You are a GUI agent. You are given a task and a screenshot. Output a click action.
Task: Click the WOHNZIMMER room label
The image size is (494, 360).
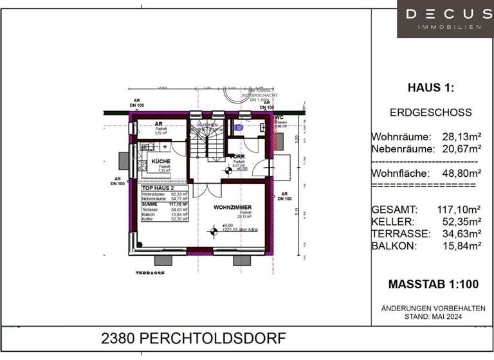click(232, 207)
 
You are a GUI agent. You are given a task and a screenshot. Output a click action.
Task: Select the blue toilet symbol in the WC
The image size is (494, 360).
click(239, 128)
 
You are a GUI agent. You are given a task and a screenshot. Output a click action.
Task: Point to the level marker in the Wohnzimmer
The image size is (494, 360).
click(214, 231)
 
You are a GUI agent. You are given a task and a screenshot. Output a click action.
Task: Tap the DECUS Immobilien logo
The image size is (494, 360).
click(446, 18)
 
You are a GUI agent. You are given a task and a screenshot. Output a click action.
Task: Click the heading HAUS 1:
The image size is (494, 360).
click(430, 88)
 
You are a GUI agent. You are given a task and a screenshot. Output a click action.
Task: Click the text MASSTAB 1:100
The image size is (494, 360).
click(432, 283)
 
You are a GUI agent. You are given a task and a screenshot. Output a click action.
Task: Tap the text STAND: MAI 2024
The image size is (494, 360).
click(433, 317)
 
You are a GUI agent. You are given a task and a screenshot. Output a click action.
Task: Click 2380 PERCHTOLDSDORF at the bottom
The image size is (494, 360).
click(194, 339)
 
